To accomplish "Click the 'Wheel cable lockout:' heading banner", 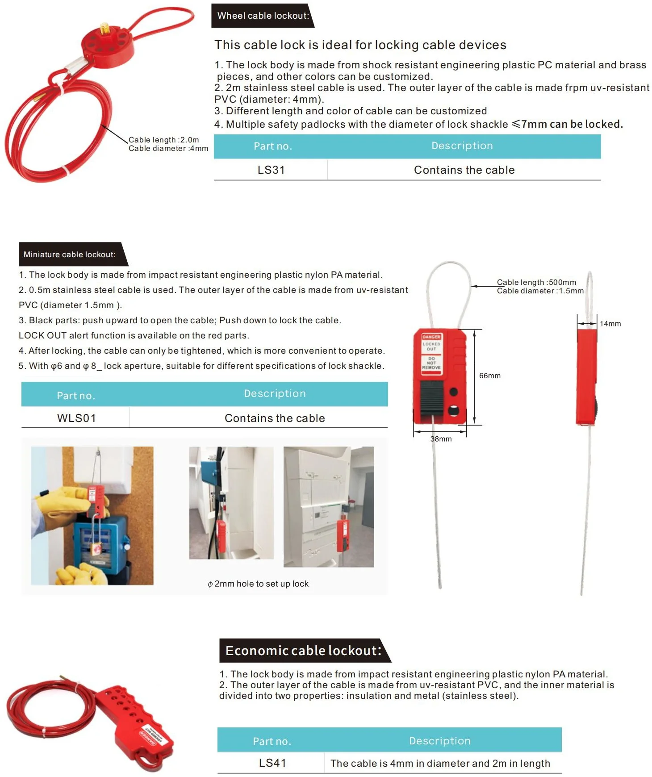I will (263, 16).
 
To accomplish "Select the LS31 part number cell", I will (271, 170).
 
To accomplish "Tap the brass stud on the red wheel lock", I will (105, 29).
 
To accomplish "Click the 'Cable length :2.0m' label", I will (163, 140).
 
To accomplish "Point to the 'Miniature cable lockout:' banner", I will (70, 255).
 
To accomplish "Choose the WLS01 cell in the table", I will (76, 418).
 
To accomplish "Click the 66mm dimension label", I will (489, 376).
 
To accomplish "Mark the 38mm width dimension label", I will (441, 439).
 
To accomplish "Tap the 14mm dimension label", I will (610, 324).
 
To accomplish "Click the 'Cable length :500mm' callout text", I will (536, 282).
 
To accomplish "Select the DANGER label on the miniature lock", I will (431, 337).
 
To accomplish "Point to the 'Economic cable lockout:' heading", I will (304, 651).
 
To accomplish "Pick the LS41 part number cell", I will (272, 763).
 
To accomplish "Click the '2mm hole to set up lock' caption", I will (259, 584).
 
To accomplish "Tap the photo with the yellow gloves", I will (92, 516).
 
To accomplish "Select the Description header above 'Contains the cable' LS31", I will (462, 146).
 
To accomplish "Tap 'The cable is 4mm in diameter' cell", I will (440, 764).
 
